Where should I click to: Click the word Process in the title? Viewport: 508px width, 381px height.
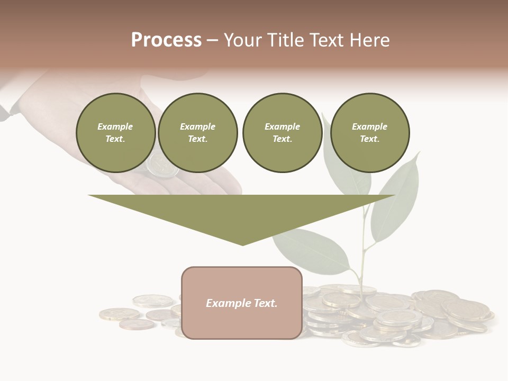coord(166,40)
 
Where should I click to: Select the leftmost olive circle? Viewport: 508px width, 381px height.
coord(115,132)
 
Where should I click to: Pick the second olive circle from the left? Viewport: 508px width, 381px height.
coord(198,132)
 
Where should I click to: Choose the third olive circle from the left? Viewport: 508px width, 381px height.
coord(282,132)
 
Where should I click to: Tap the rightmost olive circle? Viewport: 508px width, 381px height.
coord(370,132)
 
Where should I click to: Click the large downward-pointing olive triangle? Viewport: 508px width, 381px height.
coord(242,212)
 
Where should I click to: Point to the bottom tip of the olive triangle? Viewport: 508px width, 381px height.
coord(242,244)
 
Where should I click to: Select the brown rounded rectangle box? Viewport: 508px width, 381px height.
coord(242,303)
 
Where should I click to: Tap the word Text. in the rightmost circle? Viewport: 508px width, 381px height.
coord(369,139)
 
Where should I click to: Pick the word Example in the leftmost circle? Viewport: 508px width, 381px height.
coord(115,126)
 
